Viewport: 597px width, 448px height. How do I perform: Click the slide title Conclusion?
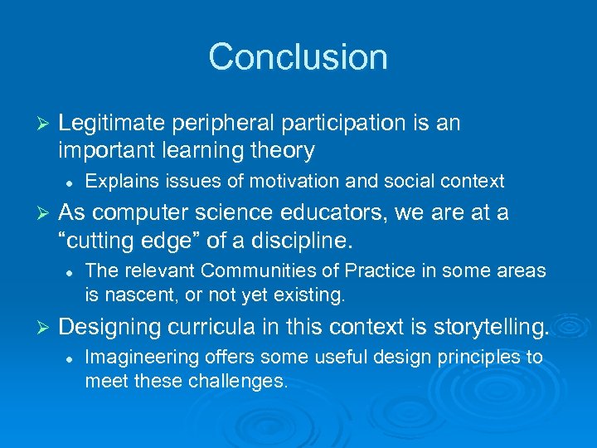(298, 57)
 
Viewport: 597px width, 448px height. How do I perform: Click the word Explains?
(116, 181)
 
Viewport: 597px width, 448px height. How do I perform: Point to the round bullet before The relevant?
(70, 271)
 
